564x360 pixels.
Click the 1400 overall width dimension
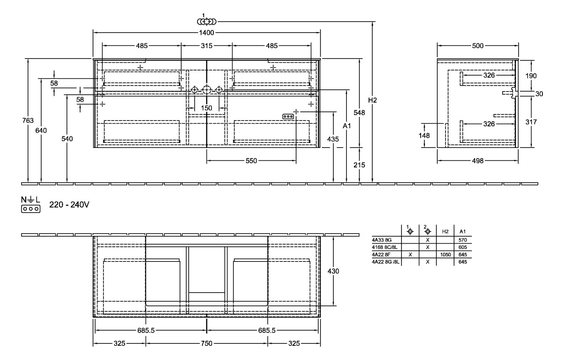(x=206, y=33)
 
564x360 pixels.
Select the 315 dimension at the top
(x=207, y=46)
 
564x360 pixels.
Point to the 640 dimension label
(x=41, y=131)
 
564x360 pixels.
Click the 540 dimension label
(x=67, y=139)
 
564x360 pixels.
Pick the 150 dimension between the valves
(x=207, y=108)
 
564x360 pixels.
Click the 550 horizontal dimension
(x=251, y=161)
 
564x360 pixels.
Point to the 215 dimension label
(x=359, y=165)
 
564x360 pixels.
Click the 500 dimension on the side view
(x=477, y=46)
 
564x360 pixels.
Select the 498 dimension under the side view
(x=477, y=161)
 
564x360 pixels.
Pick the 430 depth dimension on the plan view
(x=334, y=271)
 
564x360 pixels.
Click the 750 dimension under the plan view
(x=206, y=344)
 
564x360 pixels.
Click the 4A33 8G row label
(x=381, y=240)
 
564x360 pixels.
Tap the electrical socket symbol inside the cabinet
(x=288, y=116)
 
